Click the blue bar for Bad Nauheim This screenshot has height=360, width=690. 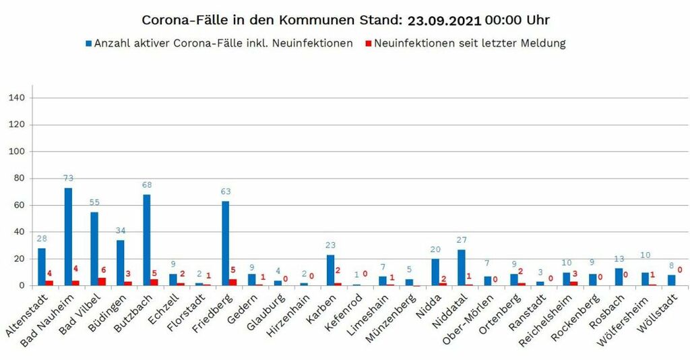[68, 237]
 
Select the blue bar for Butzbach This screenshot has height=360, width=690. [147, 240]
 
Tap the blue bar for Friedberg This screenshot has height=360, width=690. [226, 243]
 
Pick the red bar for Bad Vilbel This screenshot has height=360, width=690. [102, 282]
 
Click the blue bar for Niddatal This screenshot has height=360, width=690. [462, 268]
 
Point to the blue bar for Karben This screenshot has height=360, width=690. [330, 270]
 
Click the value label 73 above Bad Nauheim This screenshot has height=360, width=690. [68, 178]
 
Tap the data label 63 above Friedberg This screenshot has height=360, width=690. [226, 191]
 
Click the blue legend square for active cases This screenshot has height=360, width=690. [88, 44]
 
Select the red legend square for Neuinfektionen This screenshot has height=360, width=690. [367, 44]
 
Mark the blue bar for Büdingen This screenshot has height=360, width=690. [121, 263]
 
